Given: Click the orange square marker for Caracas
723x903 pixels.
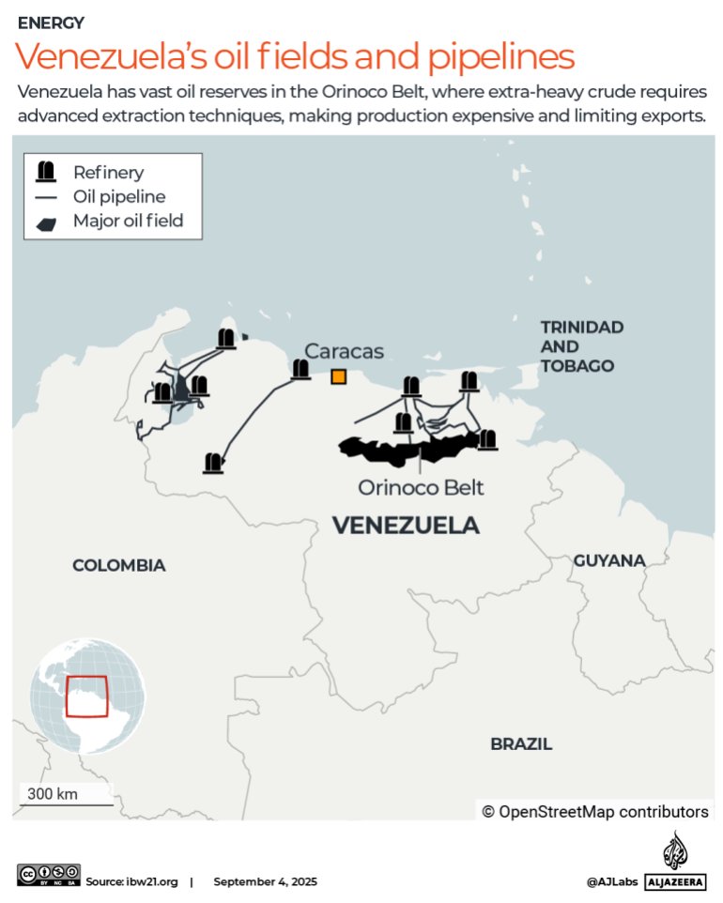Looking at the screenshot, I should click(x=338, y=376).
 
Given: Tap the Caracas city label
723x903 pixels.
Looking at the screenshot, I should click(x=344, y=351).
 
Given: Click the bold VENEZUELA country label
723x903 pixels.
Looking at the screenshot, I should click(x=406, y=526).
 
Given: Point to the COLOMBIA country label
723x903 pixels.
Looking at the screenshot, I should click(x=119, y=565).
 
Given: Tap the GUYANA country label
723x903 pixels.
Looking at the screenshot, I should click(x=609, y=560).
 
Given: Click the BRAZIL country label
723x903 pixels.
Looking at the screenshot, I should click(x=521, y=744).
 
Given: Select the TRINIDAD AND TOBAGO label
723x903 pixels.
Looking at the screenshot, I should click(x=581, y=346).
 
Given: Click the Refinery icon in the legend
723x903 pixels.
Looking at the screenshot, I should click(x=45, y=172).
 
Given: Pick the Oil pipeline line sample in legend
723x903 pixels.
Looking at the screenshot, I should click(x=45, y=197).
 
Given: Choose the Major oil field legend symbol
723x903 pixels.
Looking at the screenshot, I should click(x=45, y=222).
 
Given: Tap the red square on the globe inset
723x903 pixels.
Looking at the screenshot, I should click(x=86, y=696).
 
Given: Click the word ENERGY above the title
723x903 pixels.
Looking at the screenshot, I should click(x=51, y=23).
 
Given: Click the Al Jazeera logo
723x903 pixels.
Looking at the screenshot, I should click(x=675, y=862).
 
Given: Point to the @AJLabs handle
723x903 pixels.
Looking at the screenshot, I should click(x=612, y=882).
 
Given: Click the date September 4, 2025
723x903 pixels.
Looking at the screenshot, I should click(x=265, y=882).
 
